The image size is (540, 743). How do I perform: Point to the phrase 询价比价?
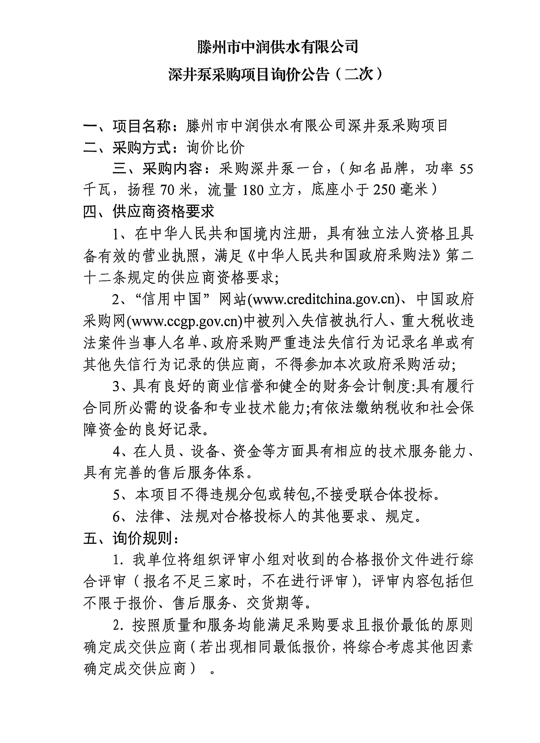pos(215,148)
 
